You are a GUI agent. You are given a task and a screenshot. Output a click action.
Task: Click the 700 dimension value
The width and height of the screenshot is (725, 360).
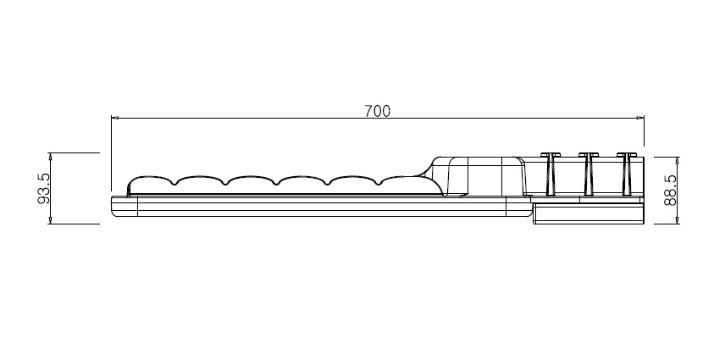click(x=377, y=111)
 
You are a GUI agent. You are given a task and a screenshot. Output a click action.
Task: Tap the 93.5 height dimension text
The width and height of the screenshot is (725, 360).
click(x=44, y=189)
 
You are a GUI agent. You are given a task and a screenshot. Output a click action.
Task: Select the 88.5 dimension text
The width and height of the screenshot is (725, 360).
click(x=670, y=190)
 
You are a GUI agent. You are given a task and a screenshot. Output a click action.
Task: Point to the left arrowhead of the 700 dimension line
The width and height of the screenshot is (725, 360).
click(x=114, y=118)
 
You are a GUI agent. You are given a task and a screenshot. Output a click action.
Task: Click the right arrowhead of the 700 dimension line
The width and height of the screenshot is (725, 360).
click(x=640, y=118)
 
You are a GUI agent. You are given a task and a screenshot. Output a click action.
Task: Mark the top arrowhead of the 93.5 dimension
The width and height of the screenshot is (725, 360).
click(x=51, y=156)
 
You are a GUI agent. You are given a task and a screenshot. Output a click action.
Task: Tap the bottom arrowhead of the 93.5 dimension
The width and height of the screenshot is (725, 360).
click(x=51, y=220)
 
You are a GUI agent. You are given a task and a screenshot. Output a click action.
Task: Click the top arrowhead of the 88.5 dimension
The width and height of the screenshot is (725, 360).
click(x=678, y=160)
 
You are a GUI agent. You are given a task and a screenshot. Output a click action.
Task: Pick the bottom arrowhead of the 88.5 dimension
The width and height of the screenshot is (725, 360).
click(x=678, y=220)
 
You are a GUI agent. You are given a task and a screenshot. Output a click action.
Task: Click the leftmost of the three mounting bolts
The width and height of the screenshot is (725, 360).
click(x=551, y=174)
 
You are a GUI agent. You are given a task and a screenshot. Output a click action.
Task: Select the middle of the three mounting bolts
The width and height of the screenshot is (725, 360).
click(x=588, y=174)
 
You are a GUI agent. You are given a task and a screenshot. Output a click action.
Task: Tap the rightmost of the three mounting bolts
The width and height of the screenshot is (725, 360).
click(x=626, y=174)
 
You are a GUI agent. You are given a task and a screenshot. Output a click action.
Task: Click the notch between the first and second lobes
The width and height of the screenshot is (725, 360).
click(x=174, y=184)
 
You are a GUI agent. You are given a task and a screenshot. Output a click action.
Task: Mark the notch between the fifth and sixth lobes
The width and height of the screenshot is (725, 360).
click(x=379, y=184)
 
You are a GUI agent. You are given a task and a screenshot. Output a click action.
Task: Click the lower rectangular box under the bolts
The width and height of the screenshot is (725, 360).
click(x=589, y=214)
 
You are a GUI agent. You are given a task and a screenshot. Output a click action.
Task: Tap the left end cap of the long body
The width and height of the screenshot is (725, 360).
click(x=125, y=206)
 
